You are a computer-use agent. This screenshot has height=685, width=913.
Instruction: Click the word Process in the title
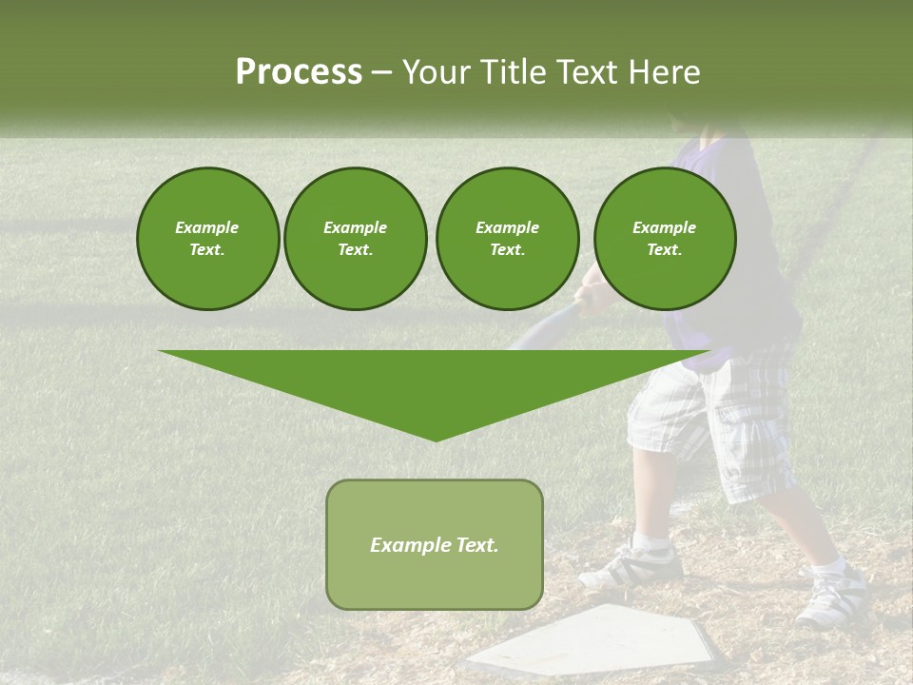tap(299, 72)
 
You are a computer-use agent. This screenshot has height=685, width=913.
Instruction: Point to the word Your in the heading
tap(437, 72)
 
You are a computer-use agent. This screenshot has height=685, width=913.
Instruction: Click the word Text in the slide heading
tap(587, 72)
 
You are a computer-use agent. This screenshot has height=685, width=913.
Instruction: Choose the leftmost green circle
tap(207, 239)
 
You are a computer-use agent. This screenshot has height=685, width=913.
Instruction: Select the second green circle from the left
tap(355, 239)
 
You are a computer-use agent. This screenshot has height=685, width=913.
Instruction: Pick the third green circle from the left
tap(507, 239)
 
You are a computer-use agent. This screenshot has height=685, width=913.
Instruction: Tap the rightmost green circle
tap(664, 239)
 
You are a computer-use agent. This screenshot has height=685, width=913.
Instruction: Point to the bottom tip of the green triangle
tap(436, 439)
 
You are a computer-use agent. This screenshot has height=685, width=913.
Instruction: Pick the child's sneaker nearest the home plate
tap(635, 565)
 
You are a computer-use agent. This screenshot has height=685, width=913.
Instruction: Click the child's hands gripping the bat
tap(592, 298)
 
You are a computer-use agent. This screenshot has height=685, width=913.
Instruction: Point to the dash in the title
tap(382, 73)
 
